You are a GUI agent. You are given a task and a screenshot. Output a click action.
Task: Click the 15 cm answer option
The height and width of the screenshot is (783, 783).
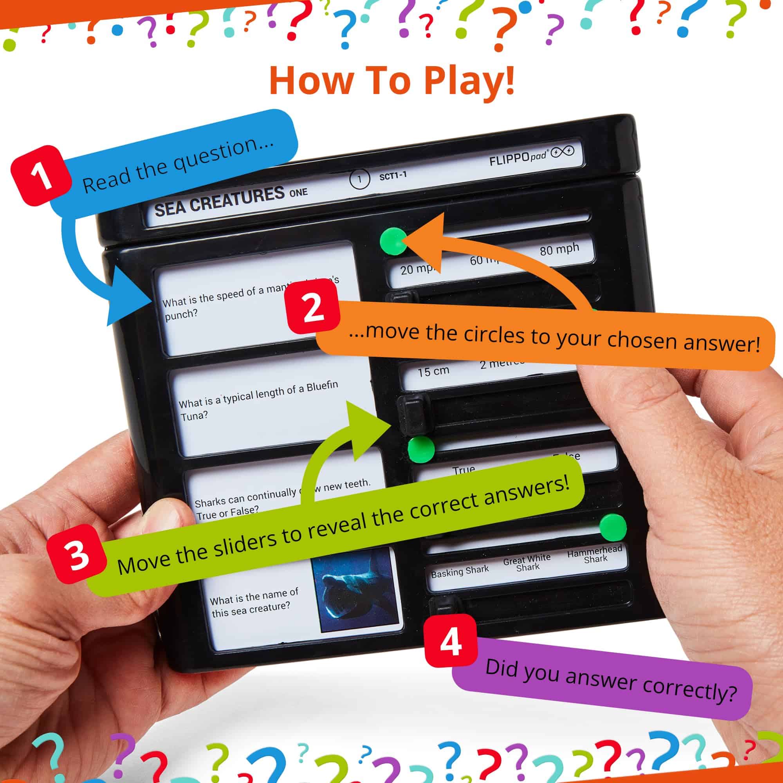click(x=433, y=371)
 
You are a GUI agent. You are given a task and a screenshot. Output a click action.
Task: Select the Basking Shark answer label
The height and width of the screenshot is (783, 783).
click(x=460, y=571)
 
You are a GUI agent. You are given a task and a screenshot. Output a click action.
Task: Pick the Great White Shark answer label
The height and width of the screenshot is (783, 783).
click(x=527, y=563)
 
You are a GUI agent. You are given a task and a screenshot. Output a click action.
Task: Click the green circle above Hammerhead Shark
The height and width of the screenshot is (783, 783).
click(x=612, y=527)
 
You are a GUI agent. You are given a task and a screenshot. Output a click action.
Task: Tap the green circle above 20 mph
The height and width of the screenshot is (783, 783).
click(x=393, y=241)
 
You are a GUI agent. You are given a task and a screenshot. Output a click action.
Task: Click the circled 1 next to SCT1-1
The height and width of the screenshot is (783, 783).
click(x=359, y=179)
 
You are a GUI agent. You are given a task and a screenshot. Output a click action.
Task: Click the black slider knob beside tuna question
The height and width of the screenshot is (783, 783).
click(x=413, y=414)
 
